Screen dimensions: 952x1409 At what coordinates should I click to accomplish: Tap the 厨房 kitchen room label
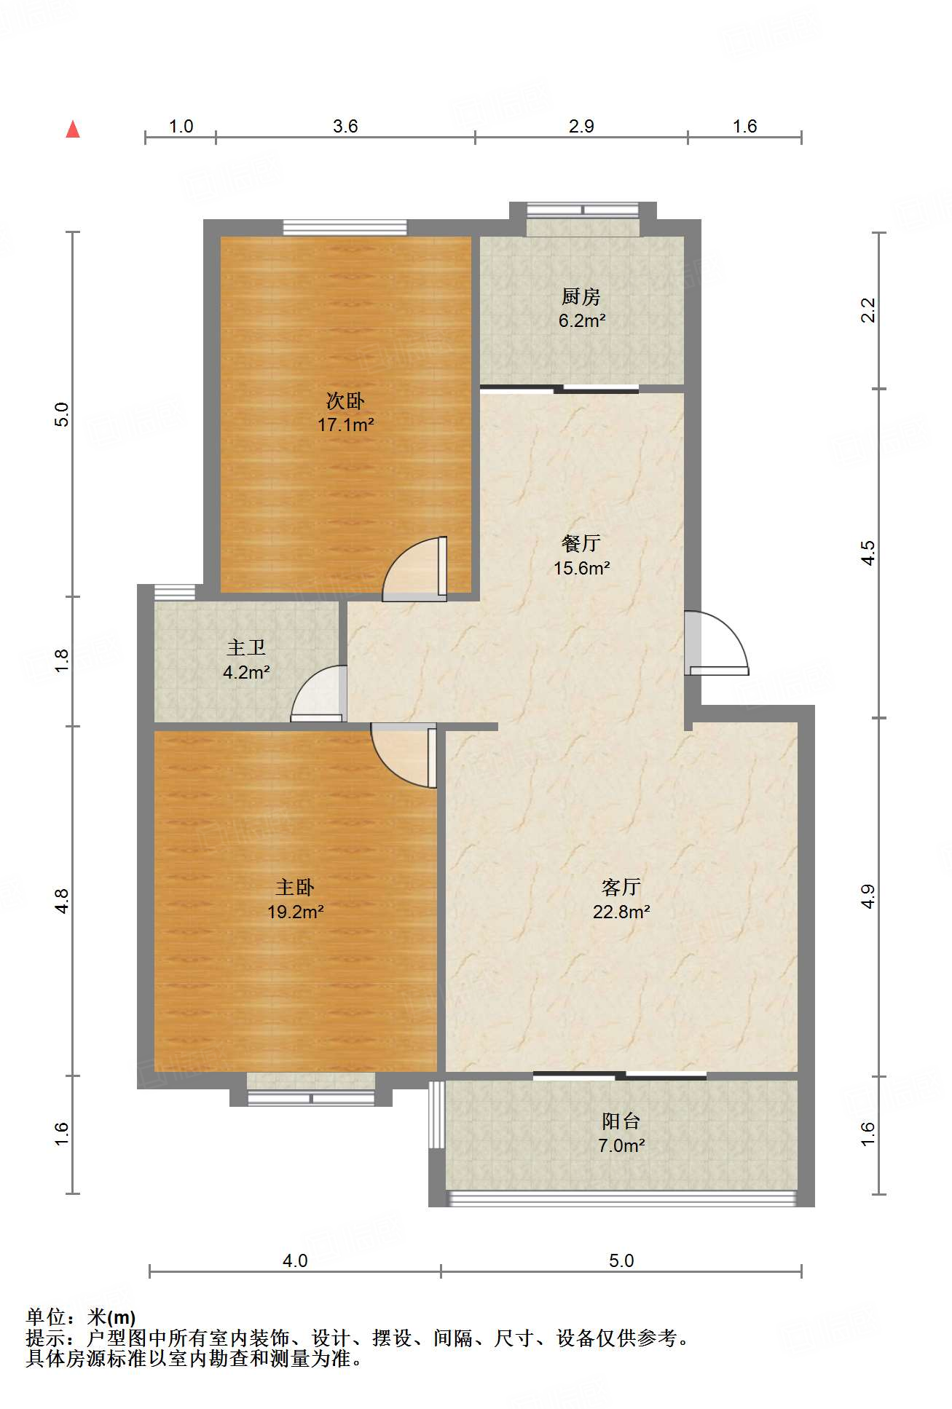(x=581, y=296)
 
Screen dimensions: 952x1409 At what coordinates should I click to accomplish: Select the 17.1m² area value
(x=346, y=425)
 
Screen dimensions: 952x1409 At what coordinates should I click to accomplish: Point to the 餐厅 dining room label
(x=581, y=543)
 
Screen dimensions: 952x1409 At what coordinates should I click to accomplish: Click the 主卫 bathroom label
(x=246, y=647)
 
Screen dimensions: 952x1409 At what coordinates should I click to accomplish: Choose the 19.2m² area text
(x=296, y=911)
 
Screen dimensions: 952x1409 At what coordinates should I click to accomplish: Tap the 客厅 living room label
(x=621, y=887)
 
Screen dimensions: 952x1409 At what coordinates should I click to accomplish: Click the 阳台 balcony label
(x=621, y=1121)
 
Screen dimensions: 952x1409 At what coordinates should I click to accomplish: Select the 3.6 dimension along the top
(x=345, y=126)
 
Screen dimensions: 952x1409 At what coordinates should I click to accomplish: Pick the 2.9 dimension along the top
(x=581, y=126)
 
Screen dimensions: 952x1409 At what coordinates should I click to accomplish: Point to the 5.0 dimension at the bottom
(x=621, y=1260)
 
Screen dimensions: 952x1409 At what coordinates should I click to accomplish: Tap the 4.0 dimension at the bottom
(x=295, y=1260)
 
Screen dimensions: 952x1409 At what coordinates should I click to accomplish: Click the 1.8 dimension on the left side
(x=62, y=660)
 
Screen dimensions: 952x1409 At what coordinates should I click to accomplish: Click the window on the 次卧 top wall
(x=345, y=227)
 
